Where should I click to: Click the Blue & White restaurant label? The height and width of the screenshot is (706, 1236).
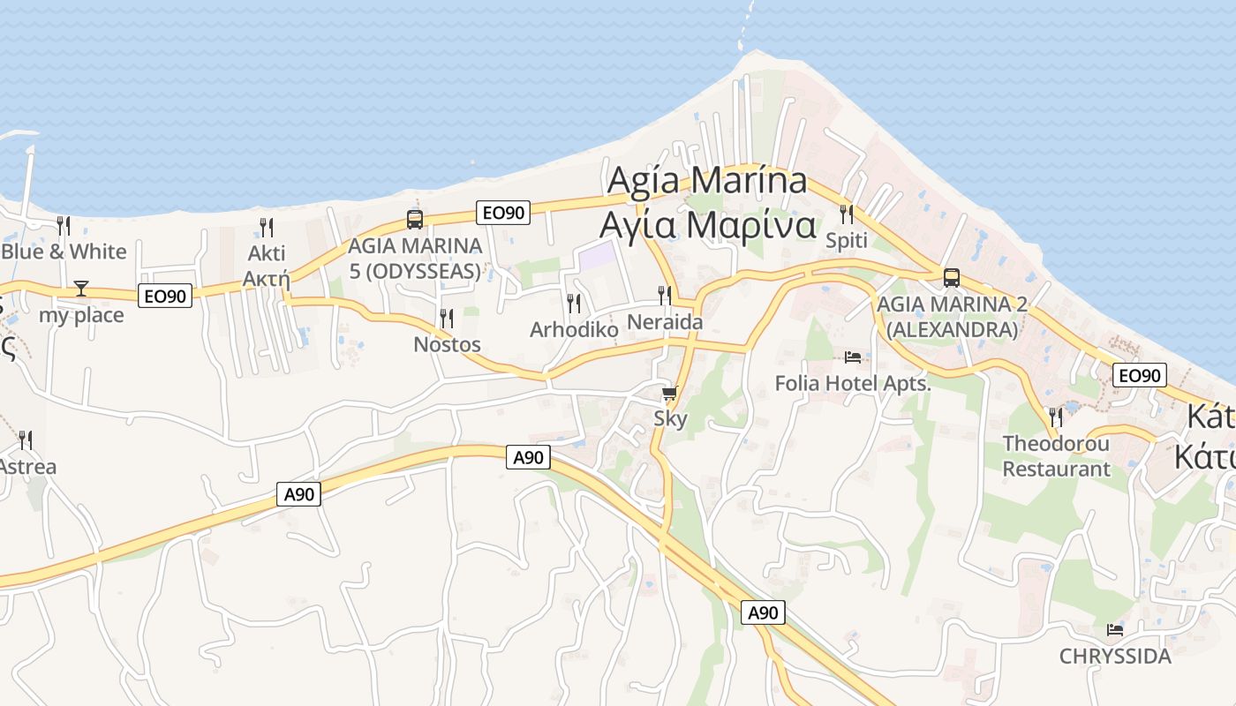pyautogui.click(x=64, y=252)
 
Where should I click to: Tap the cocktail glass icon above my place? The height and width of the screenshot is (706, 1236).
pyautogui.click(x=81, y=289)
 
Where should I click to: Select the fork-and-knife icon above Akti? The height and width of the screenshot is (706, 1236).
pyautogui.click(x=267, y=227)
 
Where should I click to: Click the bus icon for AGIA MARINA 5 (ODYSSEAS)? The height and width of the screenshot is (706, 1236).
pyautogui.click(x=415, y=219)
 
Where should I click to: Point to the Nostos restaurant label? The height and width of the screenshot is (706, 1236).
pyautogui.click(x=447, y=344)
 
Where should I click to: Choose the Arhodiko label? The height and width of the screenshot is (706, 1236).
pyautogui.click(x=574, y=329)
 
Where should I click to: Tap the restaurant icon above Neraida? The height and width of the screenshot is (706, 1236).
pyautogui.click(x=665, y=296)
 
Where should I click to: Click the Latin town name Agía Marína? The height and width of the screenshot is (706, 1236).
pyautogui.click(x=707, y=180)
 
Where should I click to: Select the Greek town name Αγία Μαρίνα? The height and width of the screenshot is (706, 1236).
pyautogui.click(x=707, y=224)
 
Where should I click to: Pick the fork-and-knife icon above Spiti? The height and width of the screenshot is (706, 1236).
pyautogui.click(x=847, y=214)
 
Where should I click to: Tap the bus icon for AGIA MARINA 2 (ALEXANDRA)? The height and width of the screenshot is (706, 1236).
pyautogui.click(x=952, y=277)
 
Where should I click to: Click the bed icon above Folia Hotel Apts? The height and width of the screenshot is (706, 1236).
pyautogui.click(x=853, y=357)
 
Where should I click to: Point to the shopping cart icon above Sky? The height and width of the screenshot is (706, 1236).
pyautogui.click(x=670, y=393)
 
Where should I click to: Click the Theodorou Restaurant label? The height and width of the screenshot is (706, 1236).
pyautogui.click(x=1056, y=456)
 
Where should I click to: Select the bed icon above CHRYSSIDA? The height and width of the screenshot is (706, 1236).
pyautogui.click(x=1115, y=630)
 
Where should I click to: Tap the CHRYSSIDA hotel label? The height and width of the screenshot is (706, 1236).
pyautogui.click(x=1115, y=657)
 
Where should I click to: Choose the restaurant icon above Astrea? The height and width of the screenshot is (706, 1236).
pyautogui.click(x=26, y=439)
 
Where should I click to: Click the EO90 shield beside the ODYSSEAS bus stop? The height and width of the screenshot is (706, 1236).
pyautogui.click(x=503, y=212)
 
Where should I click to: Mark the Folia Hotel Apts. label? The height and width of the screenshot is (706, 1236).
pyautogui.click(x=853, y=383)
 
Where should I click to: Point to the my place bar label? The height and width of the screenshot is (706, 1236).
pyautogui.click(x=81, y=315)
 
